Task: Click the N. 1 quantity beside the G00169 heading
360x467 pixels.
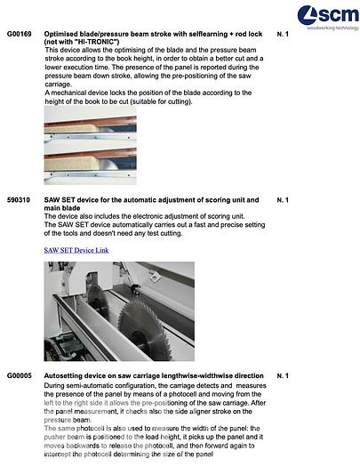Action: coord(284,34)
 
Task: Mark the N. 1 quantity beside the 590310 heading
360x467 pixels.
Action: coord(284,200)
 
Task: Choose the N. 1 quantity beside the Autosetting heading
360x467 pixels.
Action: coord(284,376)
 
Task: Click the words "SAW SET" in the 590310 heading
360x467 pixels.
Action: coord(60,200)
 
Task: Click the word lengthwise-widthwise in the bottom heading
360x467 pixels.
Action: coord(203,376)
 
